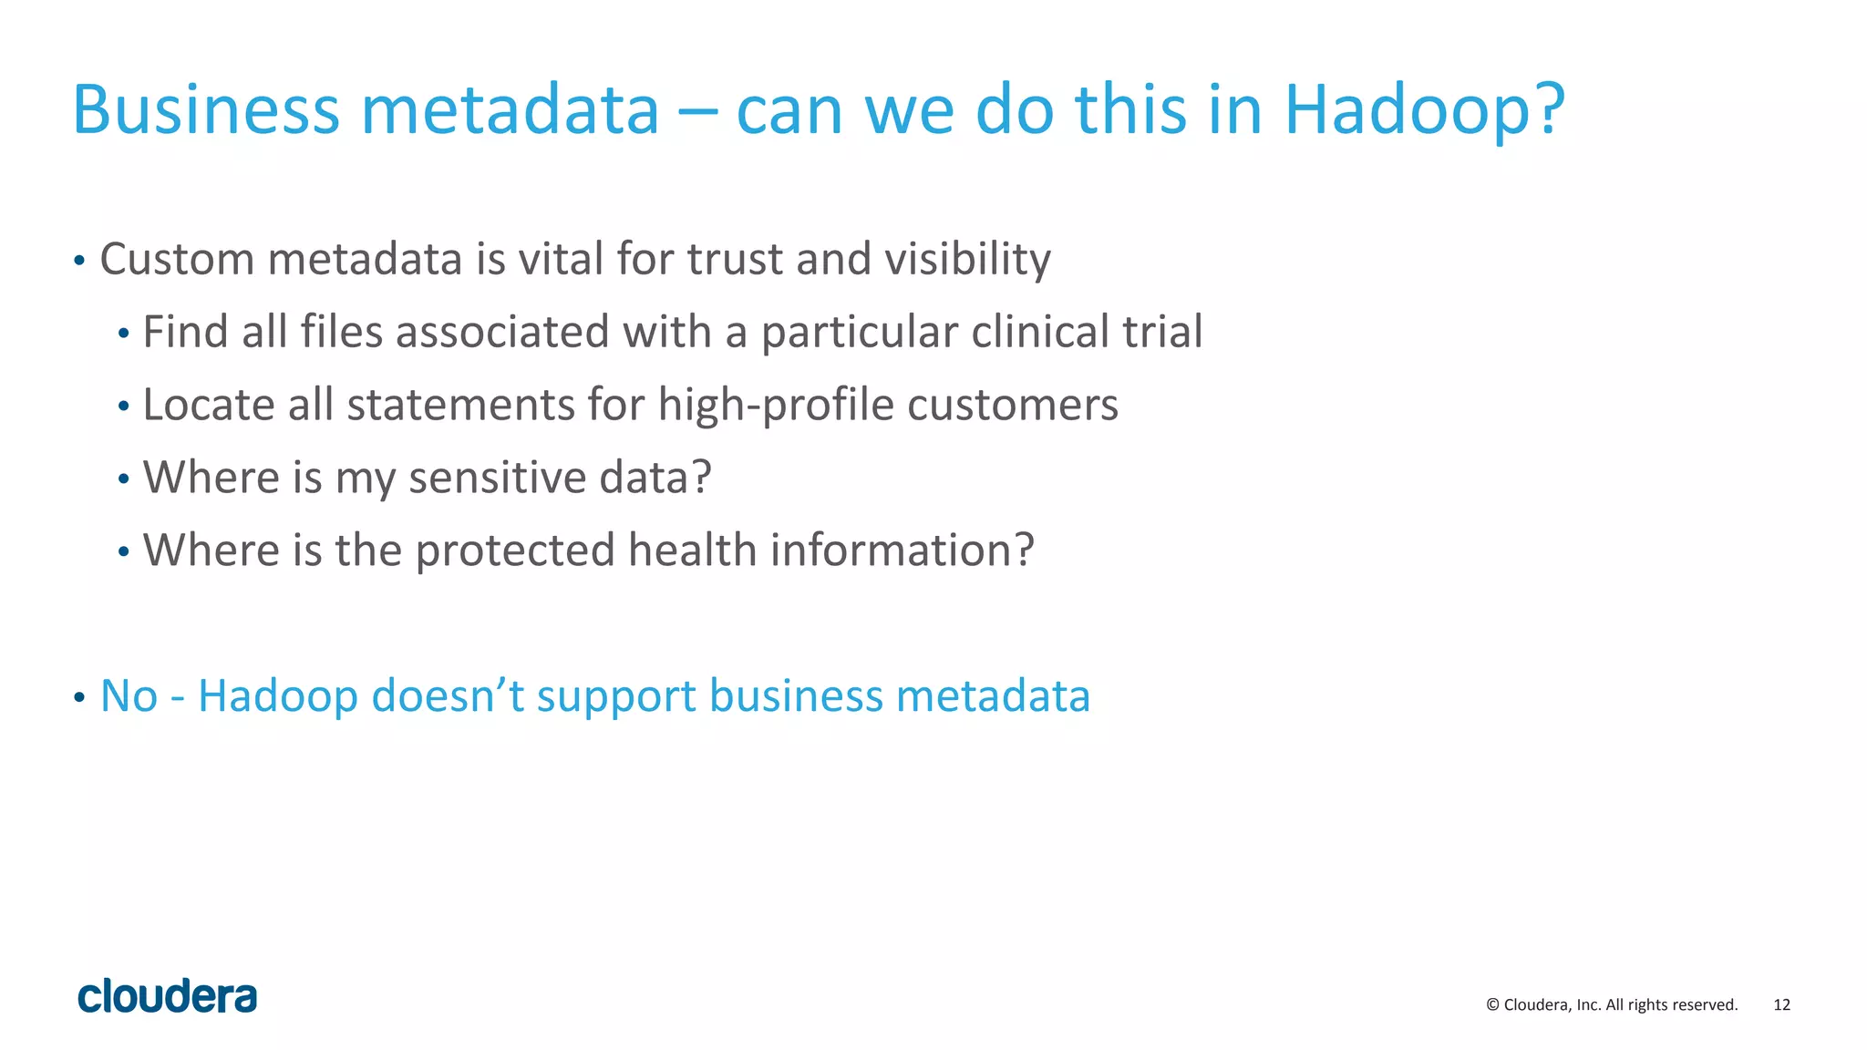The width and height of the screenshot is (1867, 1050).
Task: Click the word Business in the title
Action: point(206,109)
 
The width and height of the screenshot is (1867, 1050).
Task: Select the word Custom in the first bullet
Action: point(177,259)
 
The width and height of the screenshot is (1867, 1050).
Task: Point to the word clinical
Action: point(1040,332)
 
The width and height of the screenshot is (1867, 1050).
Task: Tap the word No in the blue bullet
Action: point(129,696)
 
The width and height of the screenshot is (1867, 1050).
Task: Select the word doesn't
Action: point(448,696)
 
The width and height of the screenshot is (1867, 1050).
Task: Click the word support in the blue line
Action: point(616,696)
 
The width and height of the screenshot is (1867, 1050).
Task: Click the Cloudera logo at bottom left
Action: point(168,996)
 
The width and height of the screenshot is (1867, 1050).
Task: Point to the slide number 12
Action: point(1781,1005)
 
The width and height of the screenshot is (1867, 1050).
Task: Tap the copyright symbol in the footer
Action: point(1492,1005)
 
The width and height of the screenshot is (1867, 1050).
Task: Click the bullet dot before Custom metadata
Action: point(79,262)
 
